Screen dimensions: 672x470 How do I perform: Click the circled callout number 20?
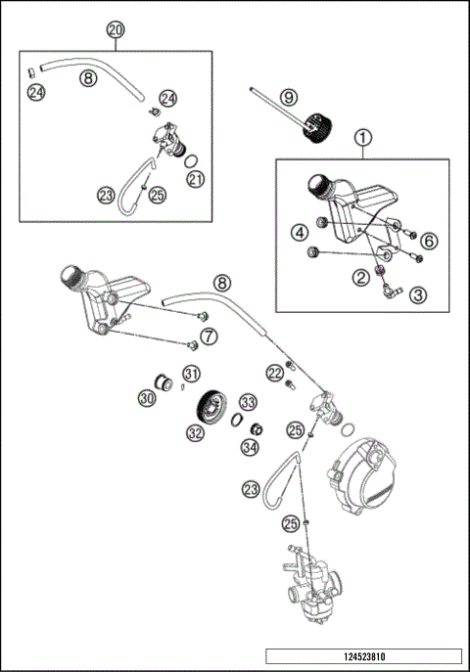coord(117,29)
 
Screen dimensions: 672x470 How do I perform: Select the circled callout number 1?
coord(363,138)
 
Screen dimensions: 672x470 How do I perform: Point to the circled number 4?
coord(299,232)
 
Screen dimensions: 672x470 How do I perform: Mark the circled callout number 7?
coord(208,338)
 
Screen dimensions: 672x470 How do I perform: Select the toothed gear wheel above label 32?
coord(210,403)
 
